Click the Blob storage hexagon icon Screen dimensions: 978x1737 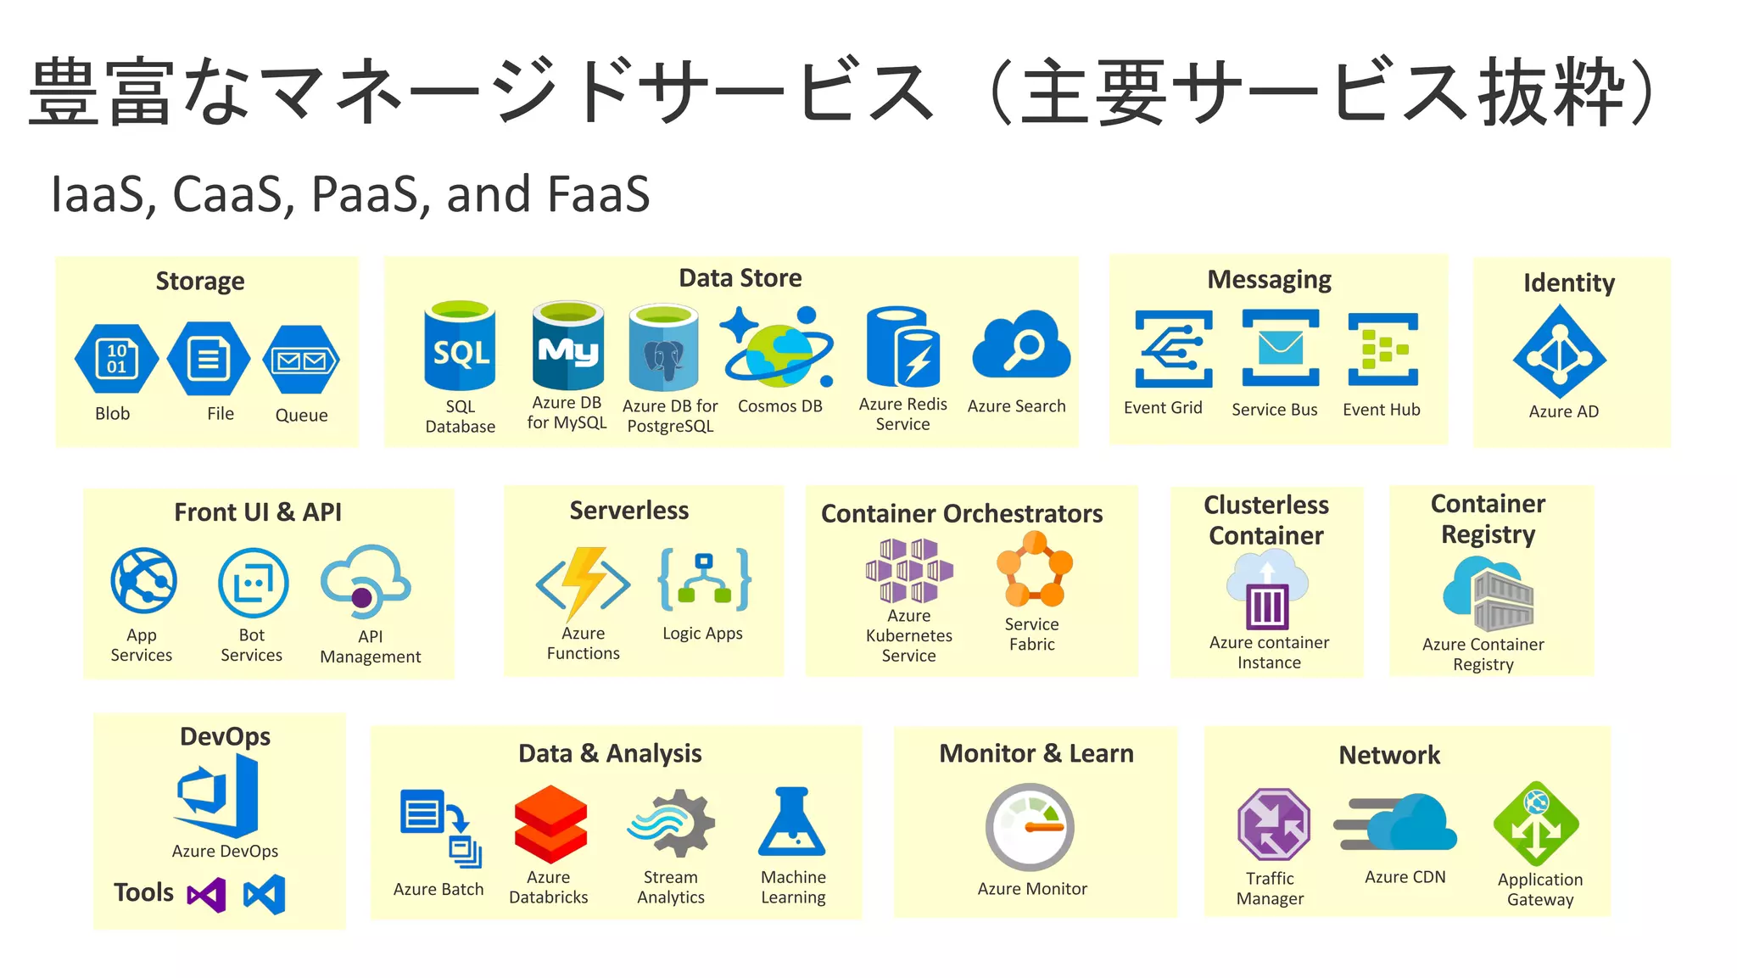(x=116, y=359)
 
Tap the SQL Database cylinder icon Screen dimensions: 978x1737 (x=460, y=346)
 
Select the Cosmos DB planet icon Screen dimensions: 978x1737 (x=778, y=349)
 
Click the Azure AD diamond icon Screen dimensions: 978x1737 (x=1560, y=352)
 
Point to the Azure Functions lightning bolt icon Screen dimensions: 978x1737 (x=584, y=582)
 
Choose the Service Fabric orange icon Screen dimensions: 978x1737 (x=1034, y=568)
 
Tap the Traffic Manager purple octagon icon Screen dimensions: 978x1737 (x=1273, y=824)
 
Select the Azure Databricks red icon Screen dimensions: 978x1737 (x=550, y=824)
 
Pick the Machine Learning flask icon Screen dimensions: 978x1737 (x=792, y=822)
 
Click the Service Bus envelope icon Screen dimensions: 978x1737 (x=1280, y=348)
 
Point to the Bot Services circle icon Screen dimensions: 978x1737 (x=253, y=583)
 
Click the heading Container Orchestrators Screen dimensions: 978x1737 (x=962, y=513)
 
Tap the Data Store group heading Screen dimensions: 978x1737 (x=740, y=277)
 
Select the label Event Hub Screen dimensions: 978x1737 (x=1381, y=409)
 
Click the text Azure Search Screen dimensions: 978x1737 (x=1016, y=405)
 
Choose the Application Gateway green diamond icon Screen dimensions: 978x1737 (x=1536, y=824)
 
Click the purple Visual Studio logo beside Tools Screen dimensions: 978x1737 (x=207, y=895)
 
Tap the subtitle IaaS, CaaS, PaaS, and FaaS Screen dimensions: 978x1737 (x=350, y=193)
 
